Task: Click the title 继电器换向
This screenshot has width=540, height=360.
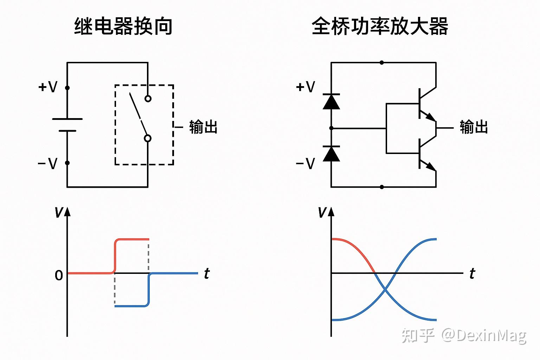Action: click(x=123, y=27)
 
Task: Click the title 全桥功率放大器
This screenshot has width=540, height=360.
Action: click(x=380, y=27)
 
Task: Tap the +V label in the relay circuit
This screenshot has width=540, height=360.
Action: click(x=48, y=87)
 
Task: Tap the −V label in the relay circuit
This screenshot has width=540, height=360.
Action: click(x=47, y=163)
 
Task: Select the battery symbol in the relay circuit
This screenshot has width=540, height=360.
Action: click(x=67, y=125)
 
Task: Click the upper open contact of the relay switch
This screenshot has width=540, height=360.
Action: click(x=148, y=98)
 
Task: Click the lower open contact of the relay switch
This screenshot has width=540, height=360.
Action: click(x=148, y=139)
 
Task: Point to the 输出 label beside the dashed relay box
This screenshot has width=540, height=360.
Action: click(x=203, y=127)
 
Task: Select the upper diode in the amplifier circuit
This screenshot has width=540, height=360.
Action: click(x=331, y=102)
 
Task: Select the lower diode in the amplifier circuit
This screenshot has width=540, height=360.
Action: click(x=331, y=154)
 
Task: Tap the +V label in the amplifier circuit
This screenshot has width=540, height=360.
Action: click(x=306, y=87)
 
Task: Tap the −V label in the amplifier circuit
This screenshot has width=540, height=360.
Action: click(x=305, y=163)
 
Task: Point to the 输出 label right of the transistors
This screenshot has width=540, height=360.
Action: click(x=474, y=127)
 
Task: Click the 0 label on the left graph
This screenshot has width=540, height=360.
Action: click(x=59, y=275)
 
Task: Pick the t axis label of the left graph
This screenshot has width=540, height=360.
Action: click(x=207, y=274)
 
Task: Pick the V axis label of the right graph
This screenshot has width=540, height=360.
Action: click(x=322, y=212)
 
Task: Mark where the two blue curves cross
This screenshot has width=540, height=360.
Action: click(x=386, y=289)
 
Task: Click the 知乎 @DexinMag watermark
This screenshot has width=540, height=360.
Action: click(x=464, y=336)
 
